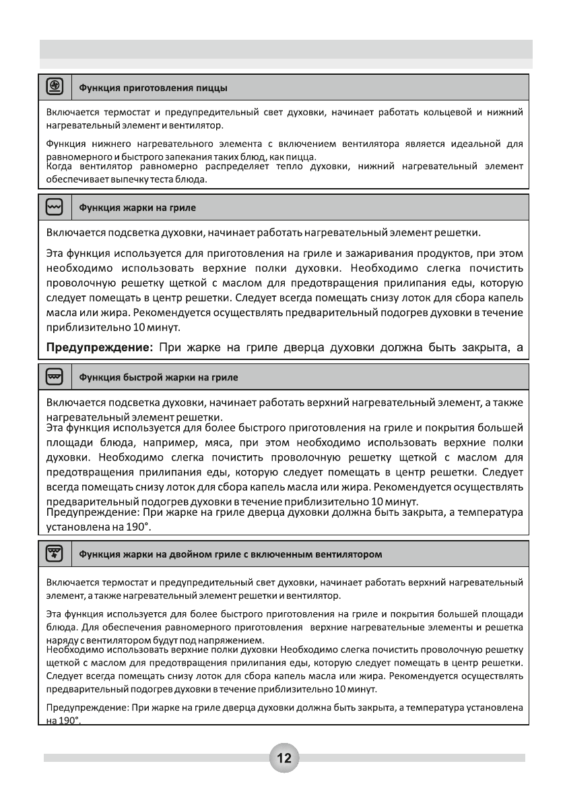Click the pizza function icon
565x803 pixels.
pos(54,86)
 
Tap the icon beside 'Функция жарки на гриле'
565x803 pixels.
pos(54,206)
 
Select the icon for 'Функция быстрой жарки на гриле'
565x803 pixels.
pos(54,376)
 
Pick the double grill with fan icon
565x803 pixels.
pos(54,554)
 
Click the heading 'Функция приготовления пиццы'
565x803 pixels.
pos(154,88)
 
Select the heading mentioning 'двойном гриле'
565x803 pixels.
pos(231,556)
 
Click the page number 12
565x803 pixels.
pos(283,758)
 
